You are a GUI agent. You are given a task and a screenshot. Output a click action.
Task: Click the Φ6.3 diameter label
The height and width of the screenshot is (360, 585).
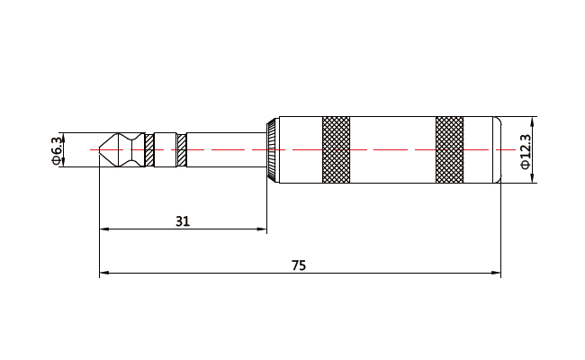point(58,149)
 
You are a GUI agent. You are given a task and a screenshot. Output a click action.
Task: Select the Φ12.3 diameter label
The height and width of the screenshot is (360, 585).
point(525,149)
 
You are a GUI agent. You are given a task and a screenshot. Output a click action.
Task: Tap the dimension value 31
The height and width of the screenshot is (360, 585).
point(183,220)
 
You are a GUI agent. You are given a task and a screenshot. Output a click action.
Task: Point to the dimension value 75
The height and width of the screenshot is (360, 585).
point(299,265)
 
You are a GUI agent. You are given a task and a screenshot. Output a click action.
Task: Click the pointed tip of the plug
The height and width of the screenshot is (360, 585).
point(101,149)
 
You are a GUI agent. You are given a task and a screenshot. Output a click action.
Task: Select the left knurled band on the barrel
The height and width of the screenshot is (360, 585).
point(336,149)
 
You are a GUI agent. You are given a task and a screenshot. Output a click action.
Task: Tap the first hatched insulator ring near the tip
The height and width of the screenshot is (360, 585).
point(149,149)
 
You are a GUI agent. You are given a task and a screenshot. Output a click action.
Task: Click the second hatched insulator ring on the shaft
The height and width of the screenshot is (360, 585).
point(182,149)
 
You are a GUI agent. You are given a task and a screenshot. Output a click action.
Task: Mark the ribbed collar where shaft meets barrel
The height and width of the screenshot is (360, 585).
point(272,149)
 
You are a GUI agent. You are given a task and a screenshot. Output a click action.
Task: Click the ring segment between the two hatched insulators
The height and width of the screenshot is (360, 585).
point(166,149)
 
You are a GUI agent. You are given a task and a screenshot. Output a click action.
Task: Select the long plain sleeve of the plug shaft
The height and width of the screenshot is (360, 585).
point(225,149)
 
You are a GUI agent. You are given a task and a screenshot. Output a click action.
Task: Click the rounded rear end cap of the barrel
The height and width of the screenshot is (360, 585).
point(495,149)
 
